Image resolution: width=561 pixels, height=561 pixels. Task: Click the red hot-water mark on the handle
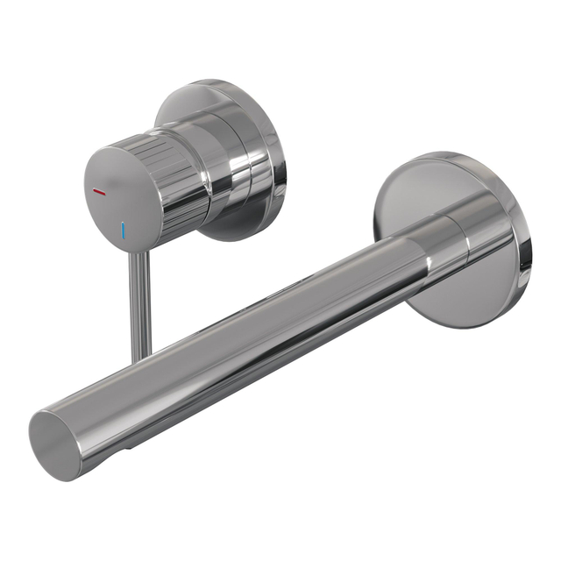tap(99, 191)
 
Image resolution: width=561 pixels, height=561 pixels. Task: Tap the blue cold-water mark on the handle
tap(124, 231)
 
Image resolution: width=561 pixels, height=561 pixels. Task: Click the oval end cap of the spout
tap(54, 443)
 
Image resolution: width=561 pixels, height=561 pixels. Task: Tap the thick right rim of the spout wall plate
tap(524, 237)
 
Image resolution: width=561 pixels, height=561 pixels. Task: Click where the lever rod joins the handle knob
tap(135, 252)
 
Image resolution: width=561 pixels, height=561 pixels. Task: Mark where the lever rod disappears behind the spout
tap(142, 355)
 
